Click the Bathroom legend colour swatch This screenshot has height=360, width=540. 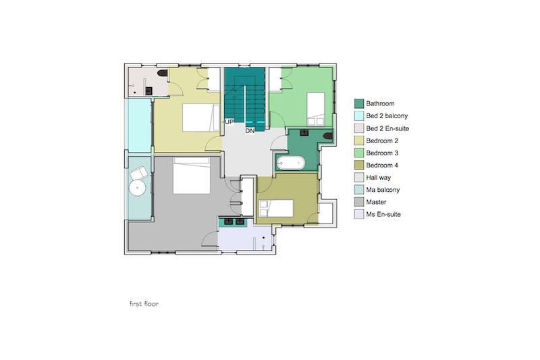click(x=359, y=103)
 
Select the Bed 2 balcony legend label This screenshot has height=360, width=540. click(x=387, y=115)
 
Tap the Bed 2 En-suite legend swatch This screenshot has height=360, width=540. click(x=359, y=128)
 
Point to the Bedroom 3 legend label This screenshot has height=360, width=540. click(x=382, y=153)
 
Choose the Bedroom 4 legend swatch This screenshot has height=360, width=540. click(x=359, y=165)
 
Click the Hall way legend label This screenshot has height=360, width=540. click(x=378, y=178)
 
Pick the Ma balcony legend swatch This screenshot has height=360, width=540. click(x=359, y=190)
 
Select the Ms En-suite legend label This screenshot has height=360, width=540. click(x=383, y=214)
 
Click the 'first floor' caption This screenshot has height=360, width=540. click(x=144, y=304)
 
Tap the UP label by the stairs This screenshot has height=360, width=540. click(x=229, y=122)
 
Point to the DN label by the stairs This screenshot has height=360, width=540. click(x=250, y=131)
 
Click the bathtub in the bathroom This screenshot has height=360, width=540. click(x=291, y=163)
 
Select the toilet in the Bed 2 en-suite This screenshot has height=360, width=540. click(x=162, y=73)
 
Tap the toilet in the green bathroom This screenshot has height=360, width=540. click(x=328, y=136)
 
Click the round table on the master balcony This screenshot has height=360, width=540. click(x=138, y=188)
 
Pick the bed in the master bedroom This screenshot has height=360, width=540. click(x=192, y=176)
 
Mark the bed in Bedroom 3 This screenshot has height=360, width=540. click(x=316, y=109)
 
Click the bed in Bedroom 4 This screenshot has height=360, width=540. click(x=276, y=209)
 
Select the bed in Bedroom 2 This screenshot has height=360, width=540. click(x=200, y=118)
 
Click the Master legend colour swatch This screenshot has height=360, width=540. click(x=359, y=202)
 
